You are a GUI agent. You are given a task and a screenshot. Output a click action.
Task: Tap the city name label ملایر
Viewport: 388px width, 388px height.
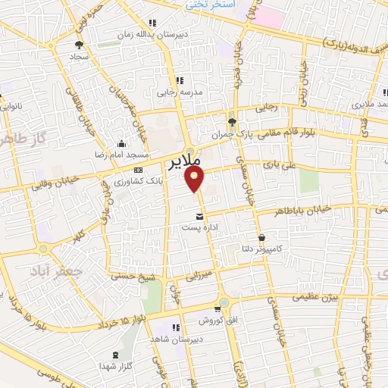pyautogui.click(x=183, y=161)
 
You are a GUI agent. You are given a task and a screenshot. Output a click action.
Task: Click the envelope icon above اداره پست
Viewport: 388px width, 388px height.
pyautogui.click(x=199, y=216)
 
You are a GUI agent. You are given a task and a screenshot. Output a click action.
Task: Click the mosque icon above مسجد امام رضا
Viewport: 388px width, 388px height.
pyautogui.click(x=120, y=144)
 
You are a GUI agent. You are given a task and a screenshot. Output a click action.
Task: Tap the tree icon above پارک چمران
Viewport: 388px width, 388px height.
pyautogui.click(x=232, y=121)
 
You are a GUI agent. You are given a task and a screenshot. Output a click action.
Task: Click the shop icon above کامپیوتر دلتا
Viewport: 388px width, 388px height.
pyautogui.click(x=261, y=237)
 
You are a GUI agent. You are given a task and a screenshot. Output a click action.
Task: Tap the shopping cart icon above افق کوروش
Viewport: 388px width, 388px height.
pyautogui.click(x=217, y=309)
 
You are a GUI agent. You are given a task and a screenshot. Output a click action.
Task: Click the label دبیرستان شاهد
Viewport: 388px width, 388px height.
pyautogui.click(x=174, y=340)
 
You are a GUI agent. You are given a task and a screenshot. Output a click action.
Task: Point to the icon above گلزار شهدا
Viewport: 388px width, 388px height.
pyautogui.click(x=115, y=355)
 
